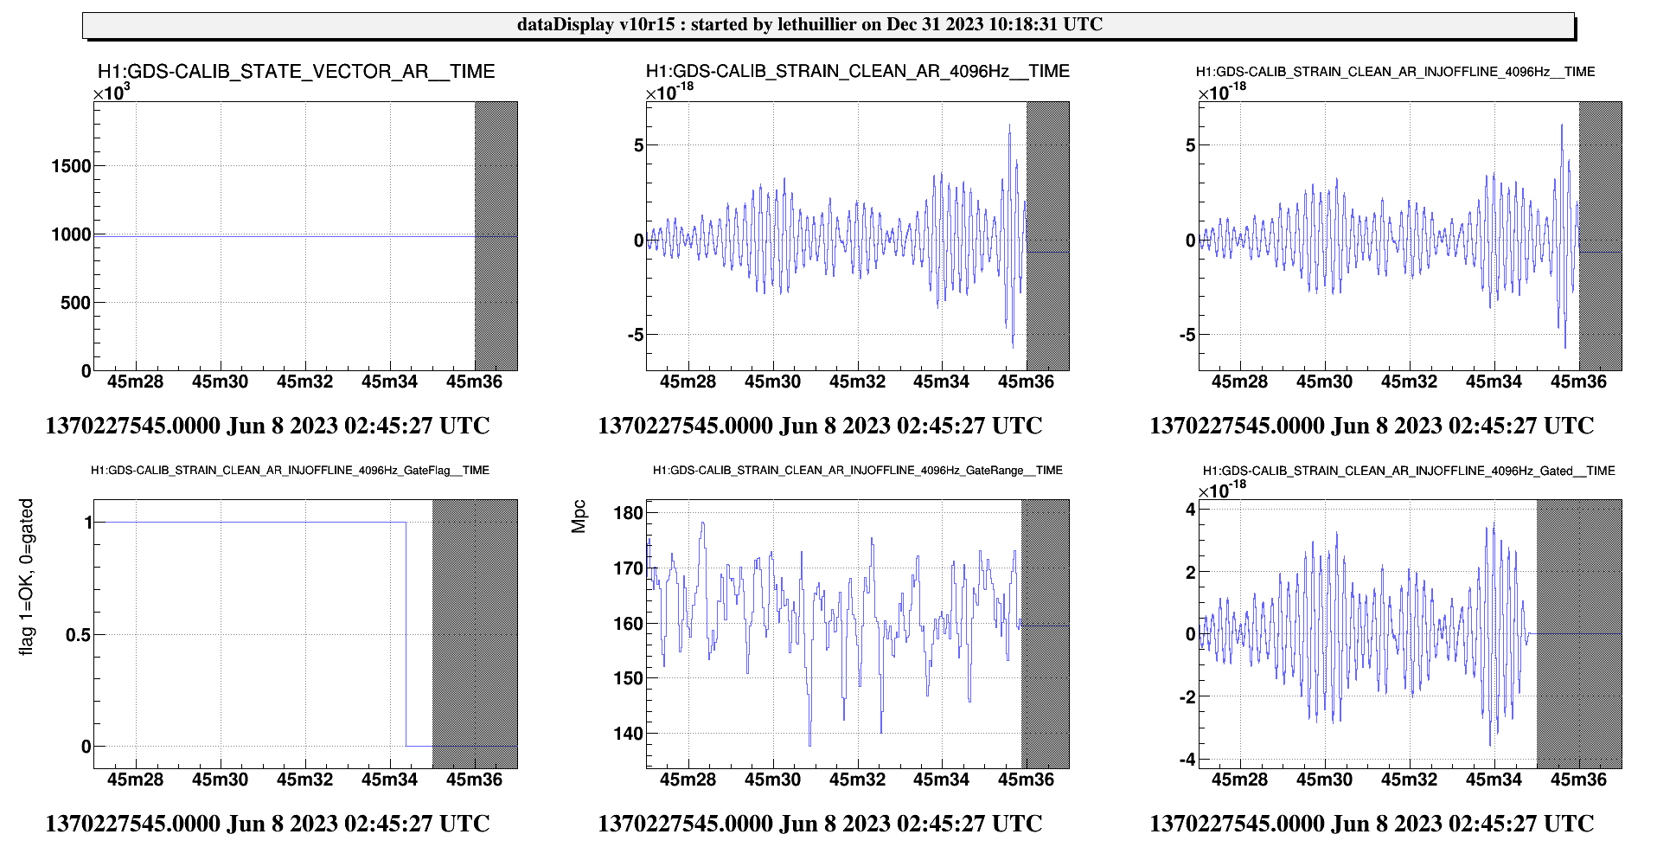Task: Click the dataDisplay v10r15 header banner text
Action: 809,24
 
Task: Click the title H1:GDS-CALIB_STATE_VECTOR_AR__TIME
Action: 296,71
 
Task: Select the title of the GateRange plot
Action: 857,471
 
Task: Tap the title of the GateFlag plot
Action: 290,471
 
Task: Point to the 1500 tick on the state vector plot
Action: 71,166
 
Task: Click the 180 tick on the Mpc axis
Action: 628,513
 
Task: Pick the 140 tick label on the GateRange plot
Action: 628,734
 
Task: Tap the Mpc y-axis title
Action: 579,517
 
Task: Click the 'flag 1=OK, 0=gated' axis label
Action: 27,576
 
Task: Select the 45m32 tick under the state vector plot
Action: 304,382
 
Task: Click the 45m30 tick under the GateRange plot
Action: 772,780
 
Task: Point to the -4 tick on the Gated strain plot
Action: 1188,760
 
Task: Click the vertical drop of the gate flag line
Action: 406,634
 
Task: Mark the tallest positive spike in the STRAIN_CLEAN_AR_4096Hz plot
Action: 1009,125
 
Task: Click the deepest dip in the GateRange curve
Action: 809,744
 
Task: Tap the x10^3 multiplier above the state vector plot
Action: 112,92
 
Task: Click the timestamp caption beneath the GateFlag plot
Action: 267,824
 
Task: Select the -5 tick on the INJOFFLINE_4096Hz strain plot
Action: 1187,335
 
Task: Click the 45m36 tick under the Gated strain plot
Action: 1578,780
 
